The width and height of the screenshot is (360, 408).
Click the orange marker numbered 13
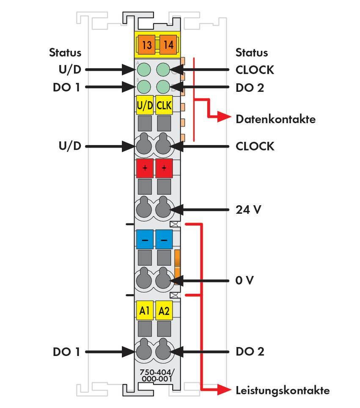pyautogui.click(x=146, y=44)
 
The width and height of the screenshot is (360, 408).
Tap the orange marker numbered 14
pyautogui.click(x=168, y=44)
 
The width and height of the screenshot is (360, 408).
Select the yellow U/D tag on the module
pyautogui.click(x=145, y=106)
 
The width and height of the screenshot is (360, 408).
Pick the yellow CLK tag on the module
pyautogui.click(x=164, y=106)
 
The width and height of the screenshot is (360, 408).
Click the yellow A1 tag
pyautogui.click(x=145, y=311)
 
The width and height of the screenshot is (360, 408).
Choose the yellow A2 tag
pyautogui.click(x=164, y=311)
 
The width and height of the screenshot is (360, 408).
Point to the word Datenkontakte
pyautogui.click(x=275, y=119)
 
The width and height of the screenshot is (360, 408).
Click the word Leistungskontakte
pyautogui.click(x=282, y=390)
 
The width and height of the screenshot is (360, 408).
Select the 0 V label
pyautogui.click(x=245, y=280)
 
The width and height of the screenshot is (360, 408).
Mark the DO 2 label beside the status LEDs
pyautogui.click(x=250, y=88)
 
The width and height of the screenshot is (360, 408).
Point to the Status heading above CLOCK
pyautogui.click(x=252, y=52)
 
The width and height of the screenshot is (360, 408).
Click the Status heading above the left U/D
pyautogui.click(x=65, y=52)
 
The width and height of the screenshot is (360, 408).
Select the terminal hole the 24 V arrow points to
pyautogui.click(x=164, y=210)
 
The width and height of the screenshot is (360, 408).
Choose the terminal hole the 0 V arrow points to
pyautogui.click(x=164, y=280)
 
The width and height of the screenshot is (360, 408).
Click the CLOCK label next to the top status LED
pyautogui.click(x=255, y=70)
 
